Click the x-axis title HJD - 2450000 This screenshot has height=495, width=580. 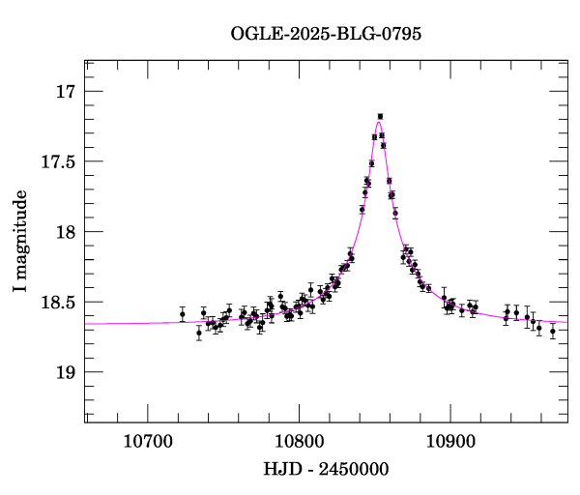pyautogui.click(x=327, y=470)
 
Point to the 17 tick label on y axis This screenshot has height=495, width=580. pyautogui.click(x=65, y=93)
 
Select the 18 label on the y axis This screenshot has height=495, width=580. pyautogui.click(x=65, y=233)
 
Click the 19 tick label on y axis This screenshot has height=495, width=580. pyautogui.click(x=65, y=373)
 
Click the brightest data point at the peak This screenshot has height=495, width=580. pyautogui.click(x=380, y=116)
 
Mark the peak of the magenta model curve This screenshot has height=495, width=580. pyautogui.click(x=379, y=121)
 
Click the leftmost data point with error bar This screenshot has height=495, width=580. pyautogui.click(x=182, y=314)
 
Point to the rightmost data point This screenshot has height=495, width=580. pyautogui.click(x=553, y=331)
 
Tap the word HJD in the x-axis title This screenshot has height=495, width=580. pyautogui.click(x=280, y=470)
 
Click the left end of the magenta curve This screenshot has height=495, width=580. pyautogui.click(x=86, y=324)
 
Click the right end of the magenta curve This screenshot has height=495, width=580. pyautogui.click(x=567, y=322)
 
